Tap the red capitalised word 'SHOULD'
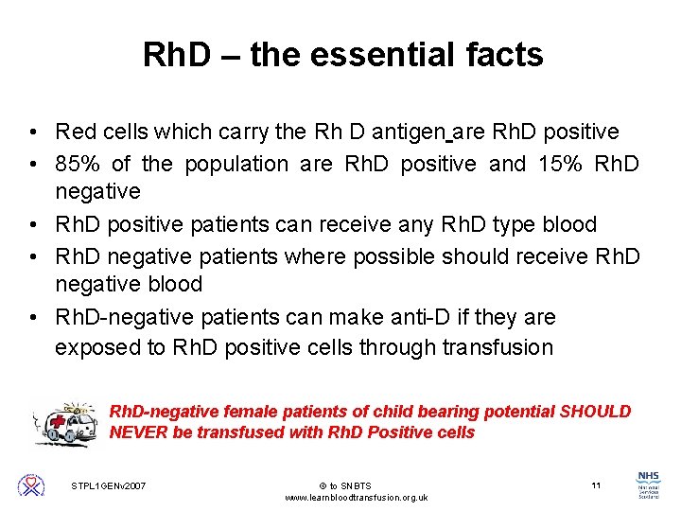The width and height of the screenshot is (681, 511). point(595,412)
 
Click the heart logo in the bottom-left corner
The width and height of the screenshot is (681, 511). point(31,485)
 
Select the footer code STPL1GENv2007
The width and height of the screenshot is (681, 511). point(108,485)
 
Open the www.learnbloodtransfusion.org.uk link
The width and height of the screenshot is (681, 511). point(357,497)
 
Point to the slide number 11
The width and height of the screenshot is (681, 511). point(596,485)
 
